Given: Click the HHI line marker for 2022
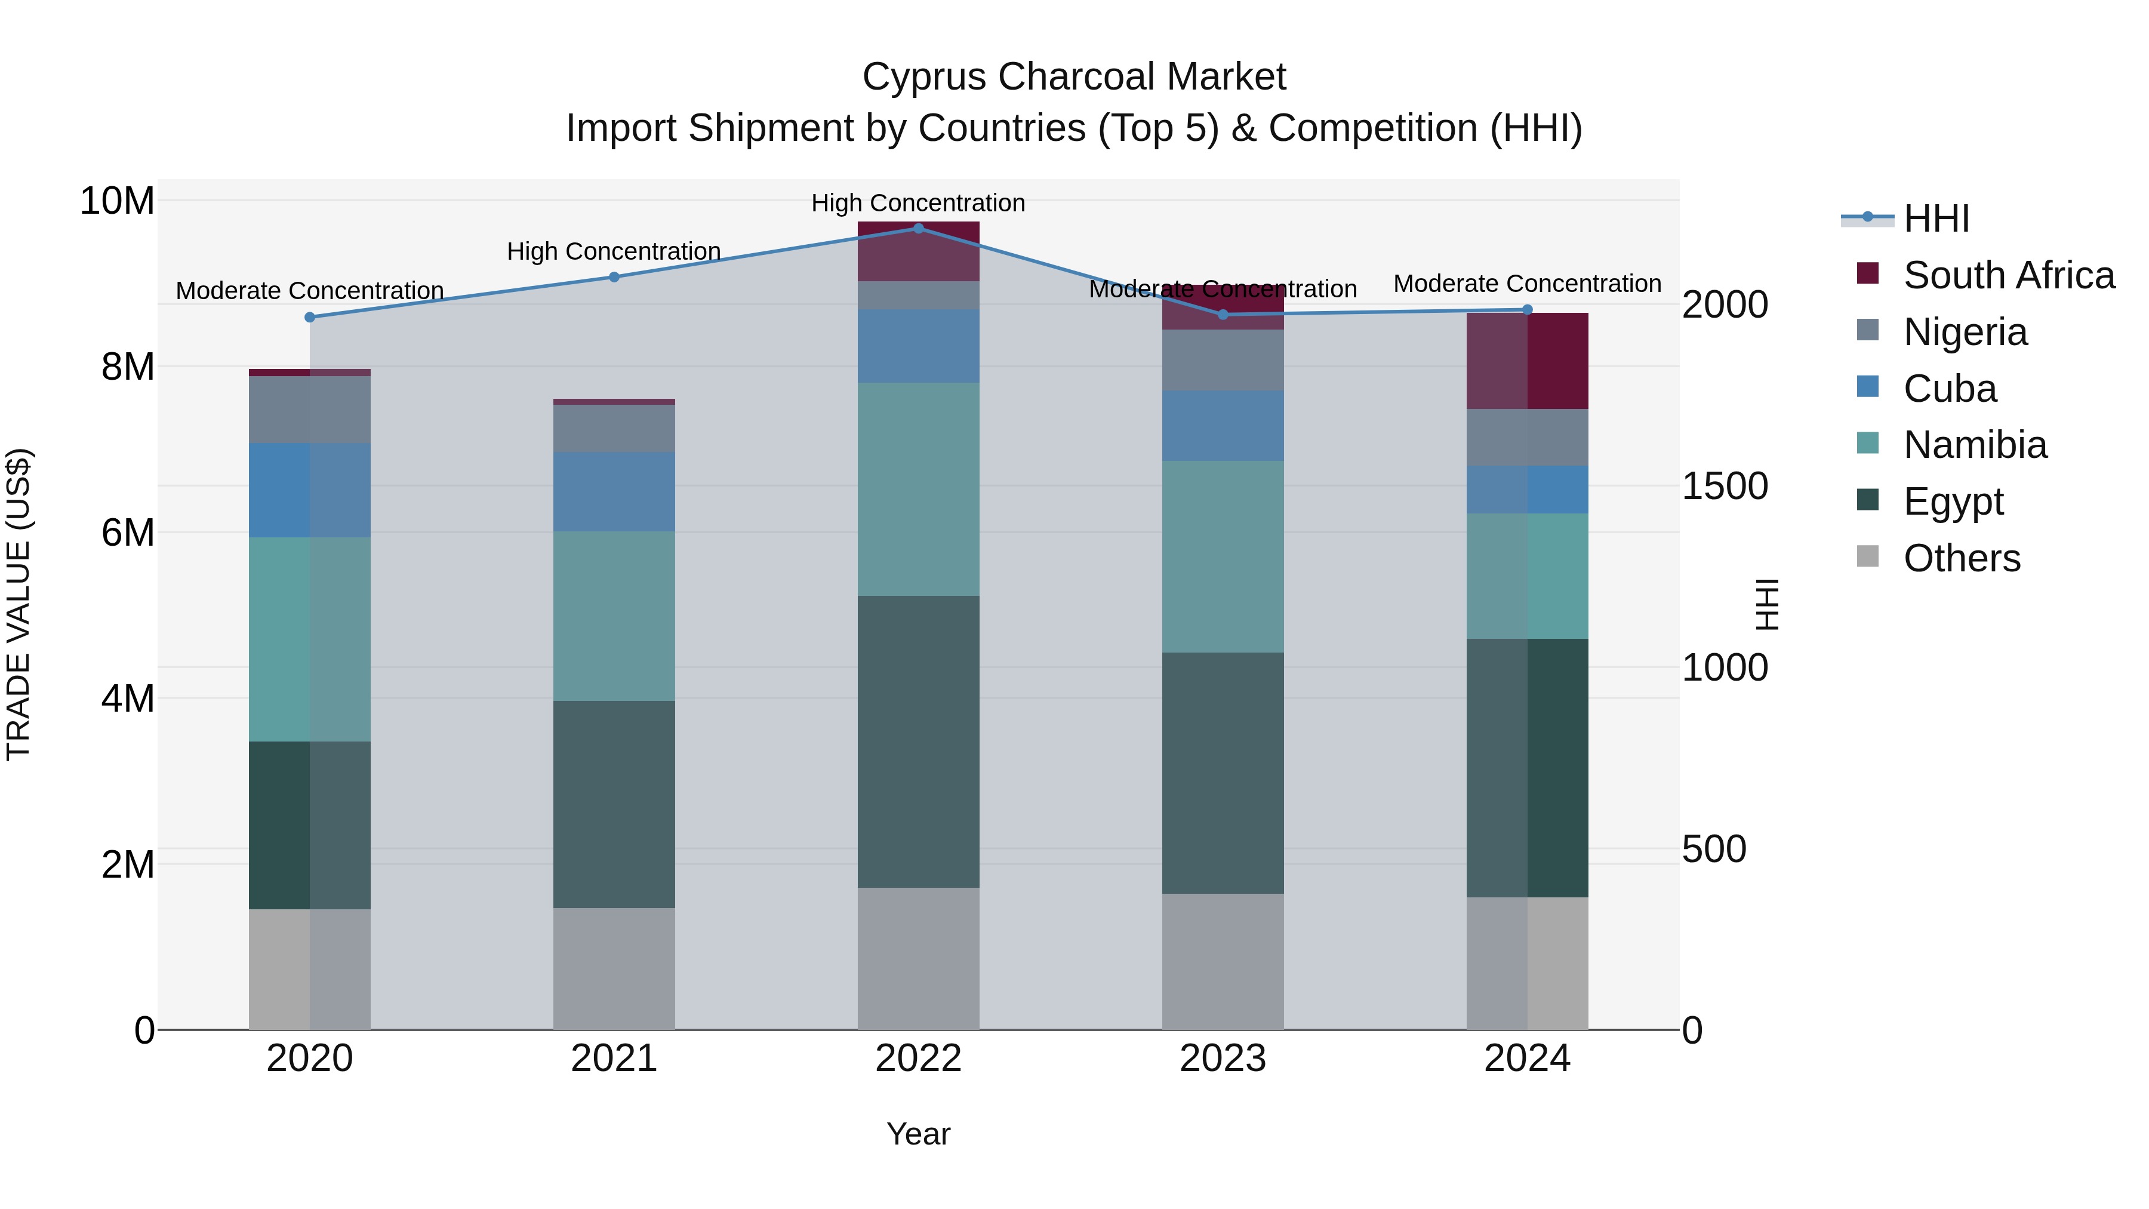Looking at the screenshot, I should pyautogui.click(x=919, y=228).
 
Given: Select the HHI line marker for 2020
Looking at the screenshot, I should pyautogui.click(x=309, y=317).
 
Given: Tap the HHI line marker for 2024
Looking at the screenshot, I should pyautogui.click(x=1528, y=309).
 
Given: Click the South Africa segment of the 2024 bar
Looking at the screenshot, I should pyautogui.click(x=1528, y=361).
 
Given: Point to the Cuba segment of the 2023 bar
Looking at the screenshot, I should pyautogui.click(x=1223, y=426).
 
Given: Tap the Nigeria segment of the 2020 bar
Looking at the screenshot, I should pyautogui.click(x=309, y=409).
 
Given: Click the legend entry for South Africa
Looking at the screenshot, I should pyautogui.click(x=2008, y=275).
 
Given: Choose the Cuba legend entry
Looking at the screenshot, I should pyautogui.click(x=1950, y=389).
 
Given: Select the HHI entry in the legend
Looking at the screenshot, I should pyautogui.click(x=1935, y=219).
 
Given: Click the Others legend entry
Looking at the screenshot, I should pyautogui.click(x=1962, y=558).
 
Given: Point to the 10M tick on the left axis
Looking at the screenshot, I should pyautogui.click(x=117, y=201).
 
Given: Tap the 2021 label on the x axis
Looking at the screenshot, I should pyautogui.click(x=614, y=1059).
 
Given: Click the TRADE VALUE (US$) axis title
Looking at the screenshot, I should pyautogui.click(x=19, y=604).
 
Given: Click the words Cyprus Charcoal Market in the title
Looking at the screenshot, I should pyautogui.click(x=1074, y=77).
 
